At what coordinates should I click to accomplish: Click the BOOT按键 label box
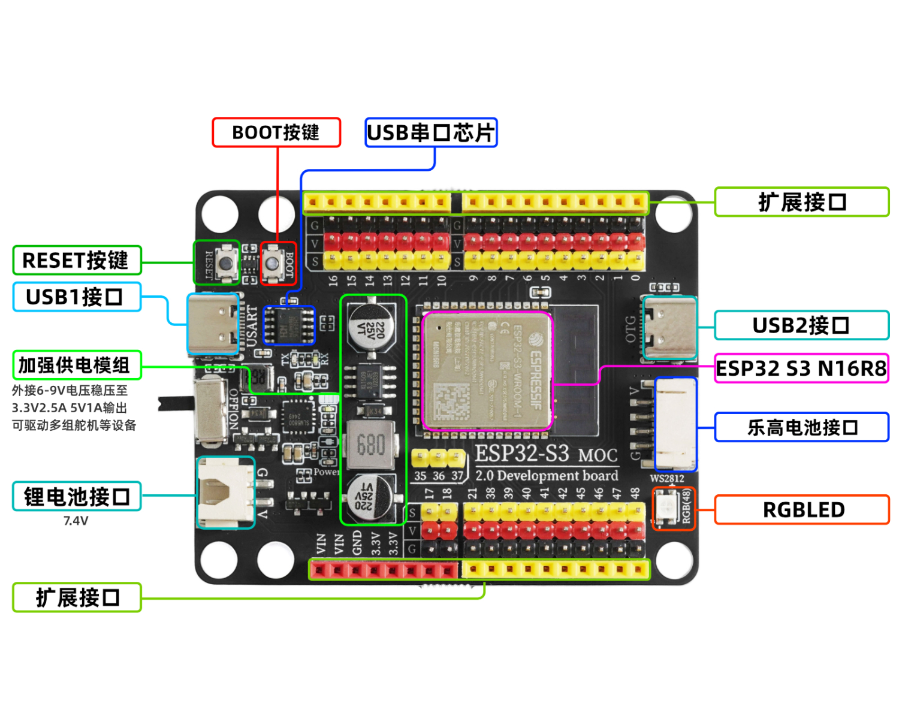(x=276, y=132)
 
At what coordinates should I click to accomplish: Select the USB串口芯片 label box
(x=431, y=132)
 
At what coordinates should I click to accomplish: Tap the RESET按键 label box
(x=77, y=261)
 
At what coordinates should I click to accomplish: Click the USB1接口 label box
(x=77, y=297)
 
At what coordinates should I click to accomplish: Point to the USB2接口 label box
(x=801, y=325)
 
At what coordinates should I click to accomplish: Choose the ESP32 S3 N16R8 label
(x=801, y=368)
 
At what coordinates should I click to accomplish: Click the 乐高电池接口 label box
(x=801, y=427)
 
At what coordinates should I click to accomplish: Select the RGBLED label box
(x=801, y=510)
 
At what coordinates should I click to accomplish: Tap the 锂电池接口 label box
(x=77, y=497)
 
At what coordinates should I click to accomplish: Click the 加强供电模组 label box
(x=77, y=365)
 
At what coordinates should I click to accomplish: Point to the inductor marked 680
(x=370, y=445)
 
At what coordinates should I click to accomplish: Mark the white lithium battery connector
(x=225, y=493)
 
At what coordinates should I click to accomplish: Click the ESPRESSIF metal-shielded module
(x=487, y=371)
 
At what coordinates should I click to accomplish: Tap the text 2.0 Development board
(x=546, y=476)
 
